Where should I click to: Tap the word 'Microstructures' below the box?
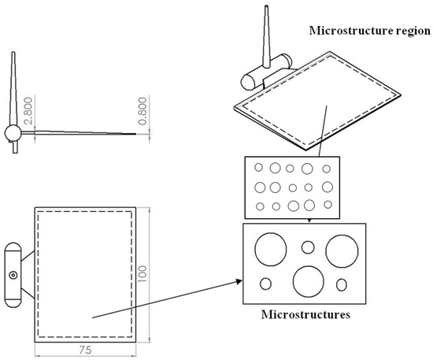(305, 315)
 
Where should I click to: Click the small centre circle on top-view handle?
(13, 275)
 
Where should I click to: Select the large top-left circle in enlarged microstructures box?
(271, 250)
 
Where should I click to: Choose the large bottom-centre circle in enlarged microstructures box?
(307, 281)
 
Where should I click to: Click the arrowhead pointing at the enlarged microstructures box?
(238, 280)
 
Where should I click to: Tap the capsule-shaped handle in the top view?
(13, 275)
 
